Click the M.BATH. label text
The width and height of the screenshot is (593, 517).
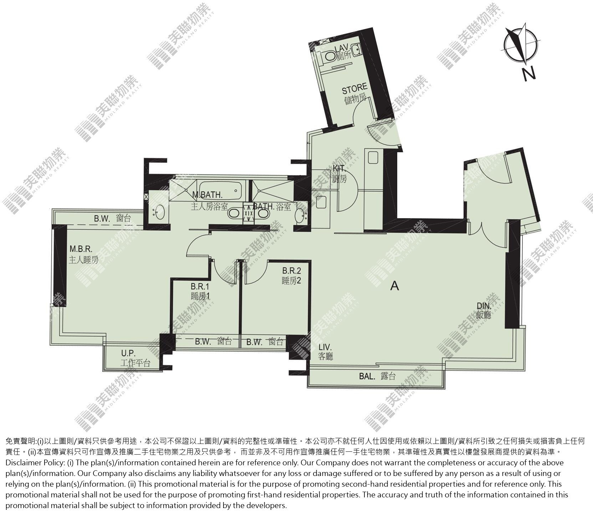tap(207, 195)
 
